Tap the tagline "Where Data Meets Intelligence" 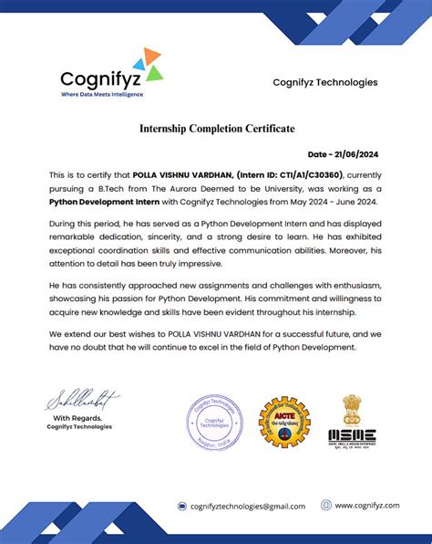(x=101, y=94)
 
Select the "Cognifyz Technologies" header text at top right (x=324, y=83)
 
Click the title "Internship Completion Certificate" (x=216, y=129)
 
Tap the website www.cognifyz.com (x=367, y=505)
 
